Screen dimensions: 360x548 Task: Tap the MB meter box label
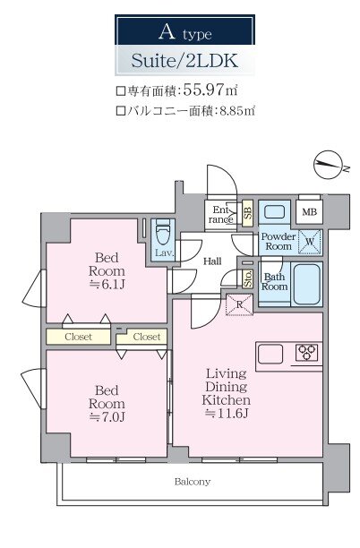pos(309,212)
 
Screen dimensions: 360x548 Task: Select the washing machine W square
pos(310,242)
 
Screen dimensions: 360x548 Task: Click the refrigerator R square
pos(239,304)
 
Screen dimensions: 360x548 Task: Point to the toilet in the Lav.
pos(163,233)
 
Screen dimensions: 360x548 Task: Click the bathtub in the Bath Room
pos(306,284)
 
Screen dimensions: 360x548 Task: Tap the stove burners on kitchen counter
pos(307,352)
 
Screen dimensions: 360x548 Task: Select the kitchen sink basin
pos(270,354)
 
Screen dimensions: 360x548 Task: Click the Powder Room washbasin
pos(275,212)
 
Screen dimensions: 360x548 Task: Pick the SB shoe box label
pos(247,212)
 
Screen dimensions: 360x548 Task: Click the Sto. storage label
pos(248,278)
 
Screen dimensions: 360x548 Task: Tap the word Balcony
pos(193,482)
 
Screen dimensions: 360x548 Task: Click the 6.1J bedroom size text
pos(107,285)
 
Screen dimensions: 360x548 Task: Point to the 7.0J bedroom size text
pos(107,416)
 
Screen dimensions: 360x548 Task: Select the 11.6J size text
pos(227,414)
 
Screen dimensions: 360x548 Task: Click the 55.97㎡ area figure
pos(210,90)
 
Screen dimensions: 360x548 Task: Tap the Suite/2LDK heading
pos(184,61)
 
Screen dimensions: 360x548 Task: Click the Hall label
pos(212,261)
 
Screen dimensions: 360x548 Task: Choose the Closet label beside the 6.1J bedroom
pos(78,337)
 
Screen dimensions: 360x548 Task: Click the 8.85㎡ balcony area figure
pos(237,111)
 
